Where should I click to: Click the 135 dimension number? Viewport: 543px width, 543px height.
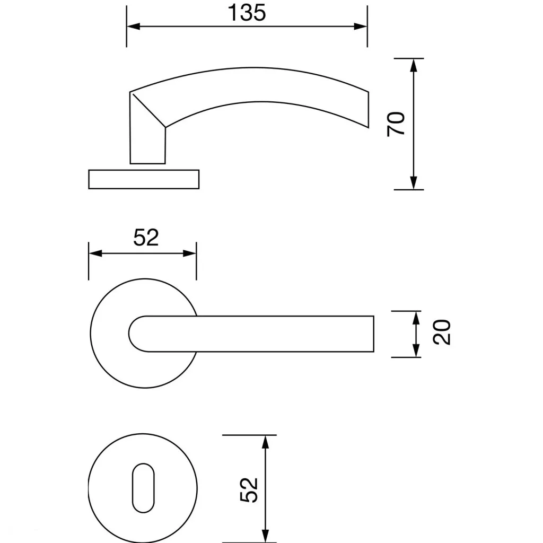[247, 13]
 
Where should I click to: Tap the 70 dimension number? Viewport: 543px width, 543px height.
[396, 124]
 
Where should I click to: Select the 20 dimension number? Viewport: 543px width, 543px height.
[442, 332]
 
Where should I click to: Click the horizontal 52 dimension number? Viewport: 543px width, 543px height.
[146, 238]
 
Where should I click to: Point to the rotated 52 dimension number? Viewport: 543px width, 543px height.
[249, 489]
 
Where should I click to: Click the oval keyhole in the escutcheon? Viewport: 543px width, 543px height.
[143, 488]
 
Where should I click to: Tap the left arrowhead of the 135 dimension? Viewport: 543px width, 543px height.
[133, 27]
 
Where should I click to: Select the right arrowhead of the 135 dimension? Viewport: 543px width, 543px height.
[360, 27]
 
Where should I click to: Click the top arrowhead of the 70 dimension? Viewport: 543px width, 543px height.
[413, 65]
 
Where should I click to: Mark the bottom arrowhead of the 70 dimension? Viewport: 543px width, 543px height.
[413, 183]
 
